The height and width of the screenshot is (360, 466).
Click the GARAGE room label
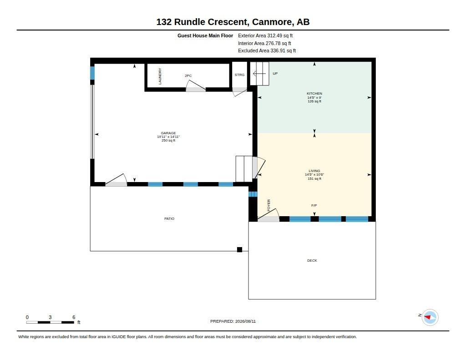tap(168, 133)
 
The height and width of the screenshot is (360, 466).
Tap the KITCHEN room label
tap(314, 93)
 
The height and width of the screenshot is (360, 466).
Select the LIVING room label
tap(314, 171)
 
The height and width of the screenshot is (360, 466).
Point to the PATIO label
tap(169, 218)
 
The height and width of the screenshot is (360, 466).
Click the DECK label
tap(312, 260)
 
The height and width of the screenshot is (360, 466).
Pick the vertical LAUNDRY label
tap(160, 76)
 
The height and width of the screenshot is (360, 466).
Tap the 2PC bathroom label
tap(188, 76)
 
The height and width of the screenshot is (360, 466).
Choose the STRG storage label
tap(239, 75)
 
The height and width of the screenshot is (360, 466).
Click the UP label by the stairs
tap(275, 73)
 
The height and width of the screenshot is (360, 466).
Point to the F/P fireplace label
tap(314, 205)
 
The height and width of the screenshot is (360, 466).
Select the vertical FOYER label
tap(268, 205)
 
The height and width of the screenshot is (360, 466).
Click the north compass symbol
tap(430, 318)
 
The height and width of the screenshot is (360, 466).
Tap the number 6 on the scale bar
tap(74, 317)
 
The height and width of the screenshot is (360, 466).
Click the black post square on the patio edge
tap(239, 250)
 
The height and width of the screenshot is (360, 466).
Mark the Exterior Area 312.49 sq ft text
tap(265, 35)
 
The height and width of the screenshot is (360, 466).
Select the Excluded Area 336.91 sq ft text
tap(267, 51)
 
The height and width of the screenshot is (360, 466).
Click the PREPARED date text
tap(233, 321)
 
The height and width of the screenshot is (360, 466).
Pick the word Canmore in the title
tap(272, 22)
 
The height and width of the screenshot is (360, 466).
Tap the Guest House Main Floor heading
tap(205, 35)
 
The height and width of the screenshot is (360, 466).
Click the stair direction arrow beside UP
tap(259, 73)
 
